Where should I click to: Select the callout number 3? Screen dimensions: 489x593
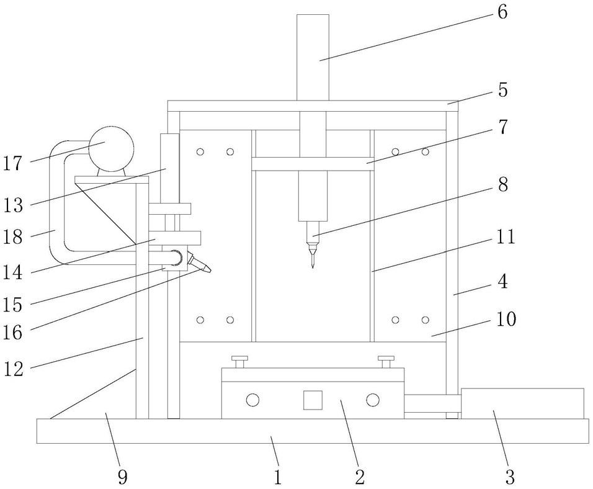click(509, 477)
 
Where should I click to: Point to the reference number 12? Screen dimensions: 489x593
click(13, 369)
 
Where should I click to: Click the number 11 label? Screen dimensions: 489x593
click(506, 238)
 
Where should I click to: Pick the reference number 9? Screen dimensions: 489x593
click(122, 477)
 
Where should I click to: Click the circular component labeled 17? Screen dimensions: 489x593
click(111, 148)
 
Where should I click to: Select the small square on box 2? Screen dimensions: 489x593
click(313, 400)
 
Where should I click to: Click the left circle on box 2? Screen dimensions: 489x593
click(252, 400)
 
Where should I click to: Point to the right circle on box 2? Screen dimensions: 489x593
click(372, 400)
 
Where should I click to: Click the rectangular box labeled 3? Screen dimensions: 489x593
click(522, 403)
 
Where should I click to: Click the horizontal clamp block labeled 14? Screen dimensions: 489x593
click(177, 238)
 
